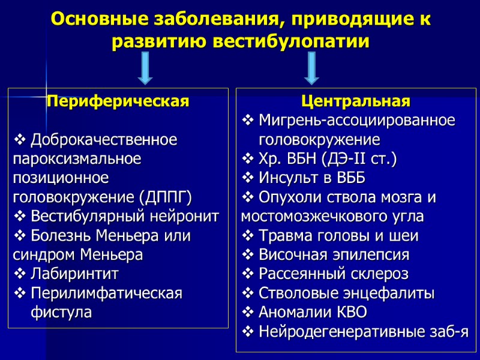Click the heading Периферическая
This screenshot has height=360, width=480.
pyautogui.click(x=118, y=101)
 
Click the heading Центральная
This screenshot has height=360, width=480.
pyautogui.click(x=356, y=100)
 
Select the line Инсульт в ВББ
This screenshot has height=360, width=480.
pyautogui.click(x=311, y=178)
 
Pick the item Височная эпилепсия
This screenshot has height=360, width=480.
pyautogui.click(x=334, y=255)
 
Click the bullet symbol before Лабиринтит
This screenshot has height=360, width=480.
pyautogui.click(x=19, y=274)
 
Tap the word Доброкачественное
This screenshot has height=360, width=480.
pyautogui.click(x=104, y=140)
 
